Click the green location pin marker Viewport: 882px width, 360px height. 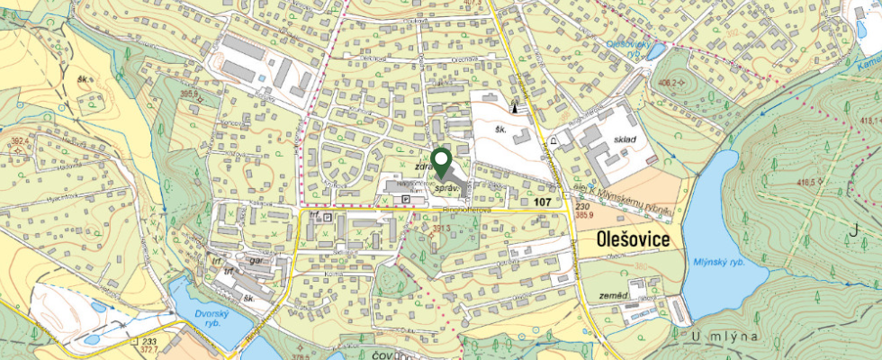[x=441, y=163]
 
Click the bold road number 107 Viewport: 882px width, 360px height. [x=542, y=203]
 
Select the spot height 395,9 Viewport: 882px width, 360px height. [x=189, y=92]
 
